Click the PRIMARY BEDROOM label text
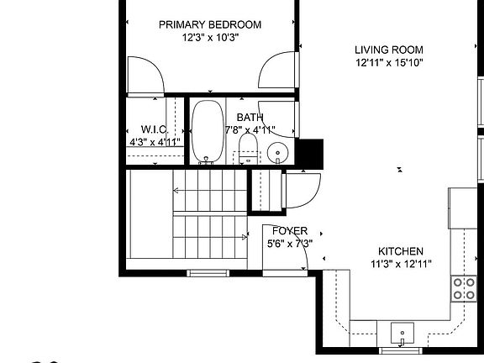210,25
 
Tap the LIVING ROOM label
388,50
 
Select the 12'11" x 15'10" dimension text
388,62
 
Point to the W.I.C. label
154,130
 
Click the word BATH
250,118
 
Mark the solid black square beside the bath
311,152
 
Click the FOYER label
288,231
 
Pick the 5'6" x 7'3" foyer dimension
289,244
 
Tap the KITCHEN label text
400,251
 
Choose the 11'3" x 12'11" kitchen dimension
400,264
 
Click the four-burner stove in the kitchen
464,288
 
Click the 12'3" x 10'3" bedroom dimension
210,38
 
